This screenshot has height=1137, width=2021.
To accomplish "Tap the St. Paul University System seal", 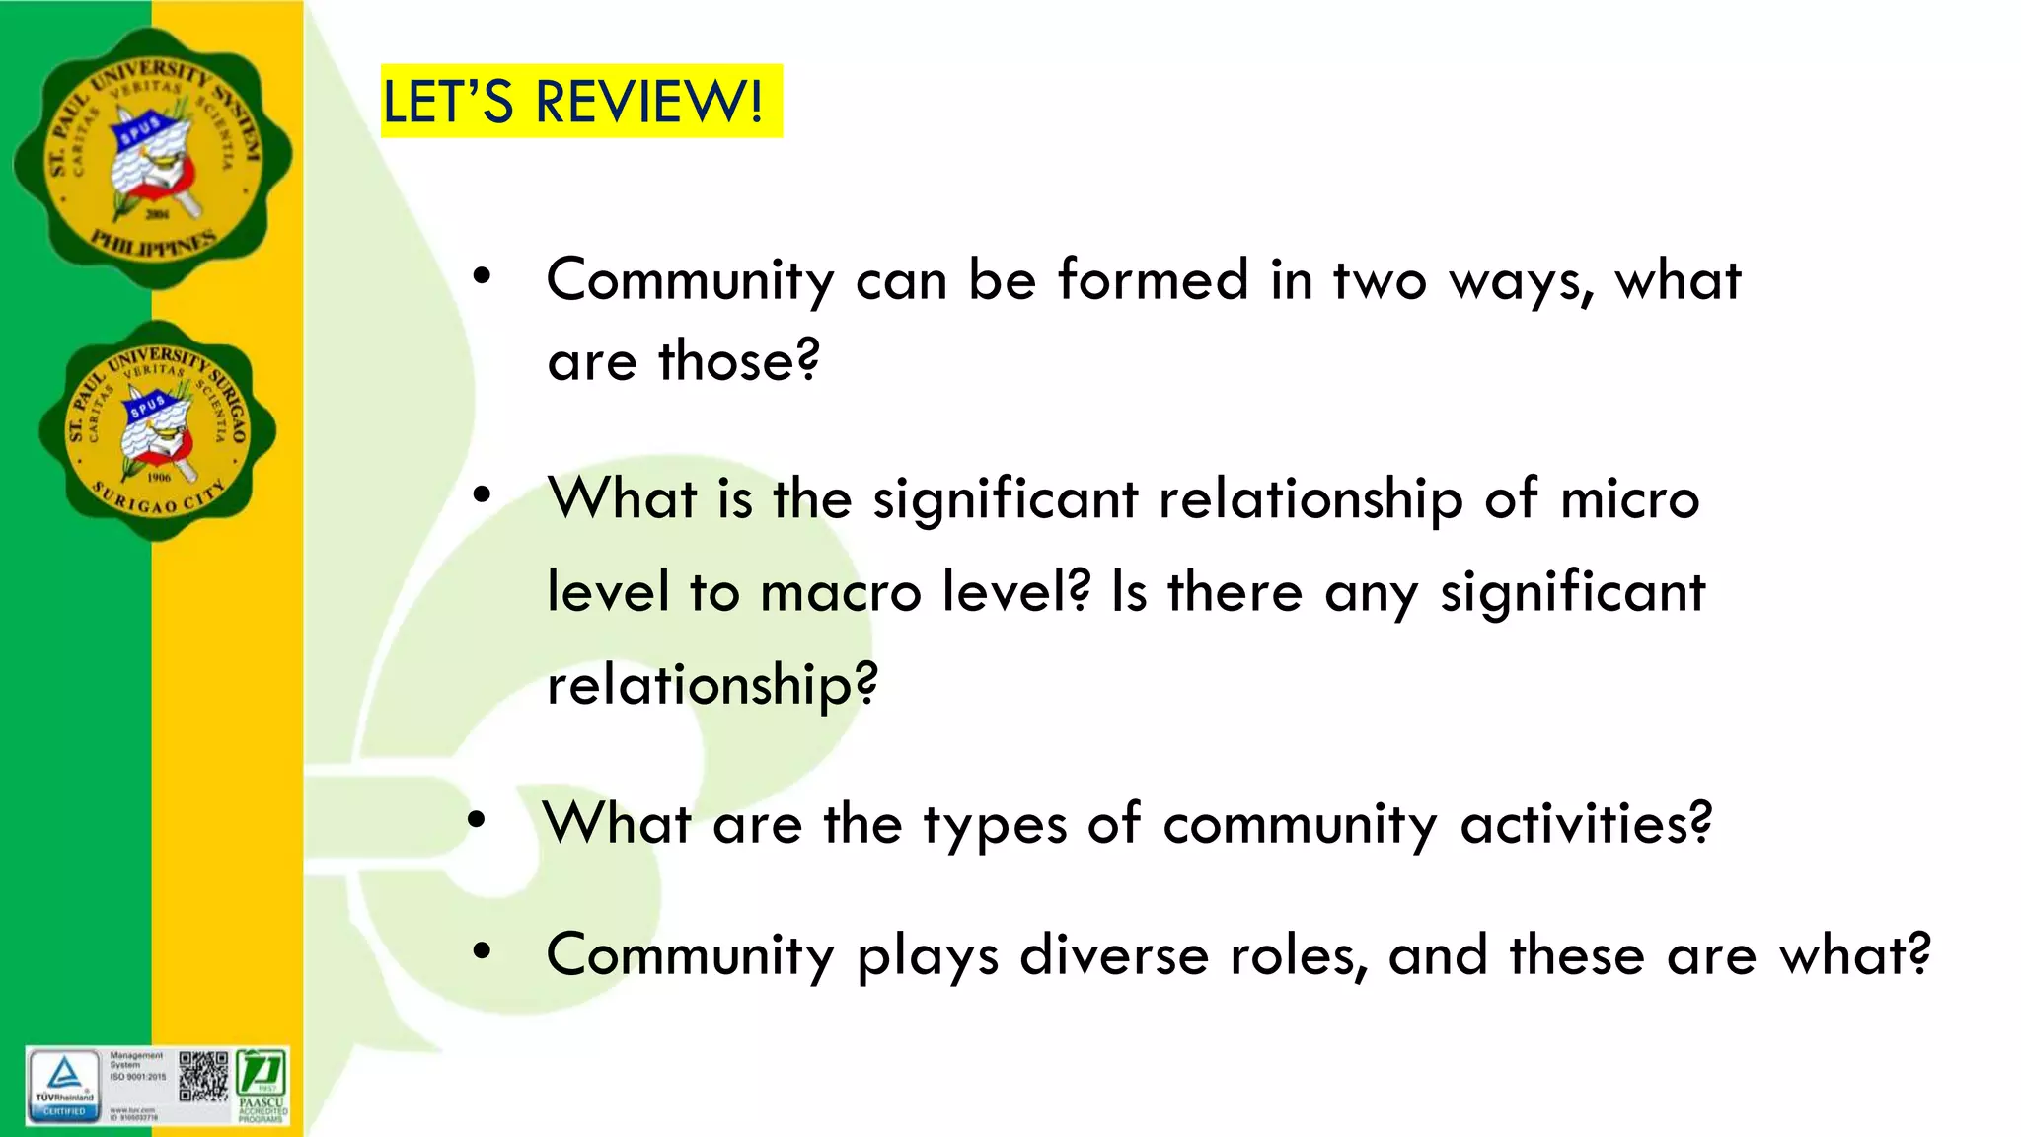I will pos(153,158).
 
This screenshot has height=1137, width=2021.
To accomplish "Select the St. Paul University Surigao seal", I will pos(157,430).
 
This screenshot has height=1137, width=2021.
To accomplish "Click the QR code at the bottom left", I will pos(202,1077).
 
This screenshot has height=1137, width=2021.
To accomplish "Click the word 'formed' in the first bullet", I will pos(1153,279).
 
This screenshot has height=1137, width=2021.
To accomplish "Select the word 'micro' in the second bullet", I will pos(1629,498).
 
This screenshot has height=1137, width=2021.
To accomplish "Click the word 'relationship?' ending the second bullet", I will pos(711,685).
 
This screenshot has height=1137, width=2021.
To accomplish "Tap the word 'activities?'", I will pos(1586,823).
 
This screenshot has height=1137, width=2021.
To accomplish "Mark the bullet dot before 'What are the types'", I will pos(478,820).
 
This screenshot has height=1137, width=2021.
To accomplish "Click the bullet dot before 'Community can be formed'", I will pos(482,277).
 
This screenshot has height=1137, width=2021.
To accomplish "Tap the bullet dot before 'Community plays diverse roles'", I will pos(482,951).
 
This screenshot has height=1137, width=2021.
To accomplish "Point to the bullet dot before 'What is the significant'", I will pos(482,495).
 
